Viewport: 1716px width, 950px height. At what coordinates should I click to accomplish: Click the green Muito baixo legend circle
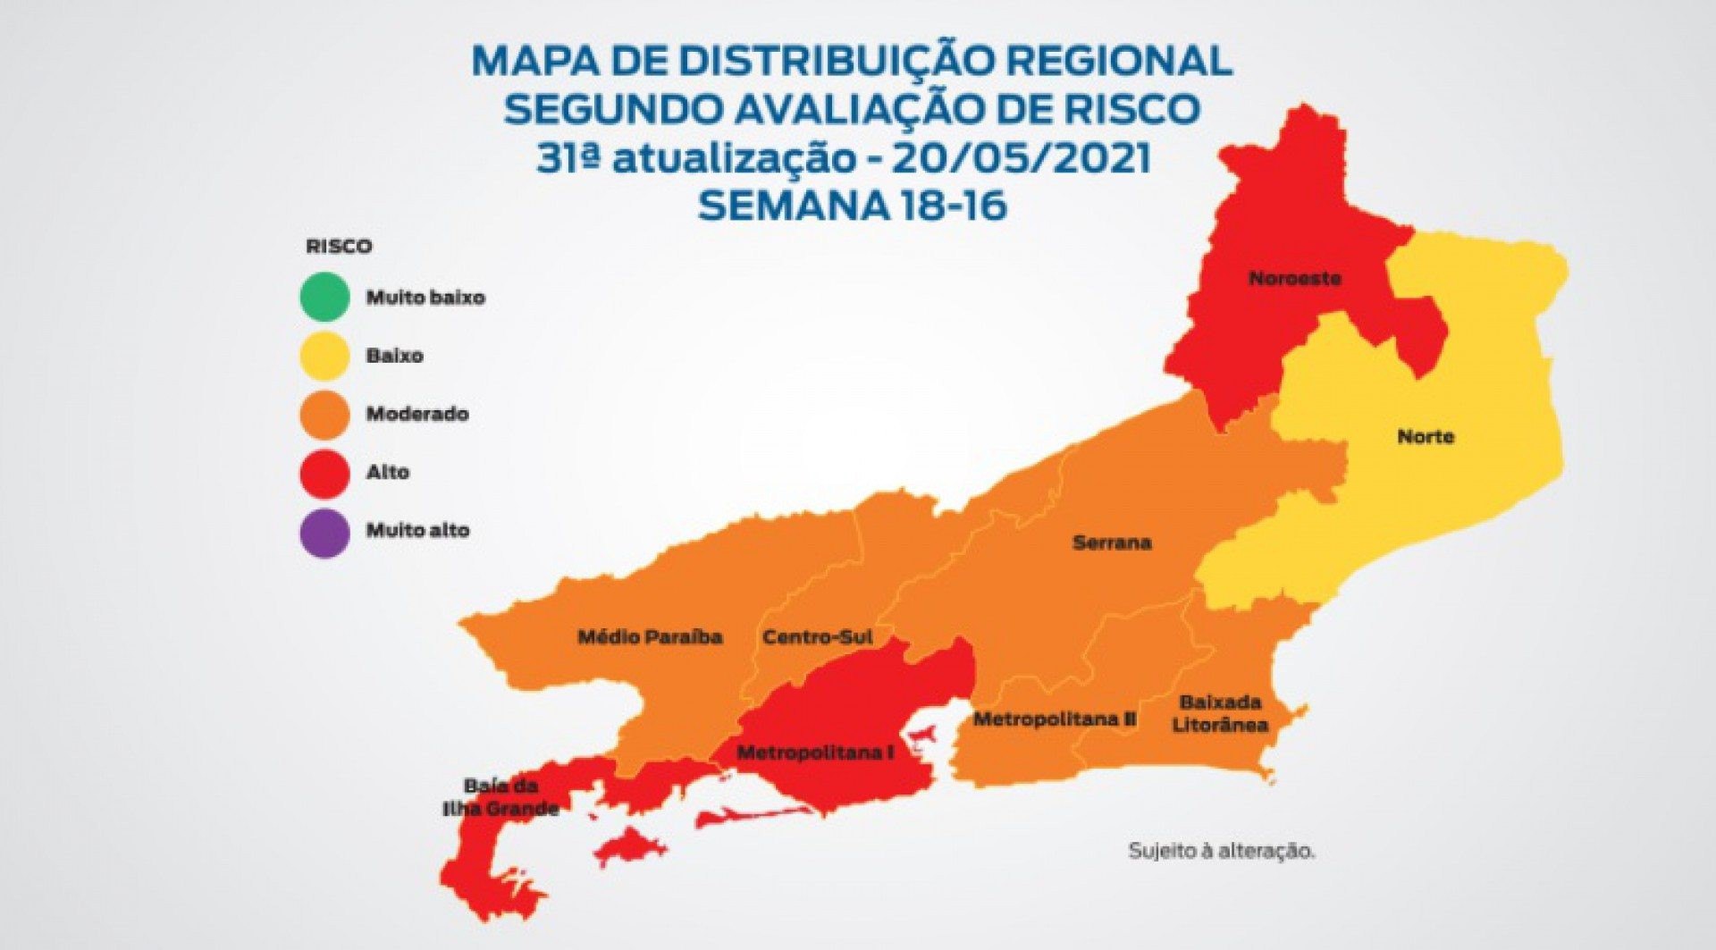click(324, 297)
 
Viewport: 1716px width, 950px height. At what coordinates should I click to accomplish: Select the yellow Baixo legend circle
click(324, 356)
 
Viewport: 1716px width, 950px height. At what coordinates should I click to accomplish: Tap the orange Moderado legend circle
click(324, 414)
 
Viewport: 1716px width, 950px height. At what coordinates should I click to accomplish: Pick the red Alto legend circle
click(324, 473)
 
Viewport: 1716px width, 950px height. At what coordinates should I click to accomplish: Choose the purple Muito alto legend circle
click(324, 532)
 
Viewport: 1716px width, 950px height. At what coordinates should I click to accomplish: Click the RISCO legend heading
click(339, 247)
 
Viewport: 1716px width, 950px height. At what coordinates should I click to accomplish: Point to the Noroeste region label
click(1295, 278)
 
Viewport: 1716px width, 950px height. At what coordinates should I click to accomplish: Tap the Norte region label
click(1426, 436)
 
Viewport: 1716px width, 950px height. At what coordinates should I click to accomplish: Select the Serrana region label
click(1112, 542)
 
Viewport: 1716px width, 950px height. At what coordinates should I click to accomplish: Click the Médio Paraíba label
click(650, 637)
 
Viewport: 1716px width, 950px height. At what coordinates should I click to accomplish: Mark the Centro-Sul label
click(818, 637)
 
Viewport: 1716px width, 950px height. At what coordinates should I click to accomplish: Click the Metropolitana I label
click(815, 752)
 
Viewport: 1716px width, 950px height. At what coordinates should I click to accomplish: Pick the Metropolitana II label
click(1055, 719)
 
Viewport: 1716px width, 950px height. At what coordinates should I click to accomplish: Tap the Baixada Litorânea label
click(1220, 713)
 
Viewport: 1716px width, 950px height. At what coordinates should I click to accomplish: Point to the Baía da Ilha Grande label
click(500, 797)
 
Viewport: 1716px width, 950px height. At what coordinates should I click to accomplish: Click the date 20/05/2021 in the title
click(1021, 158)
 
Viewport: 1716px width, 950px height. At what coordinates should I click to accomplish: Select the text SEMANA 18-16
click(852, 206)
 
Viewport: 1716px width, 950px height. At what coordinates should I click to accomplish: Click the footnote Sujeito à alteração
click(1221, 851)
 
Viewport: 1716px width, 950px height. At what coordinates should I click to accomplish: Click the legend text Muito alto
click(417, 530)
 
